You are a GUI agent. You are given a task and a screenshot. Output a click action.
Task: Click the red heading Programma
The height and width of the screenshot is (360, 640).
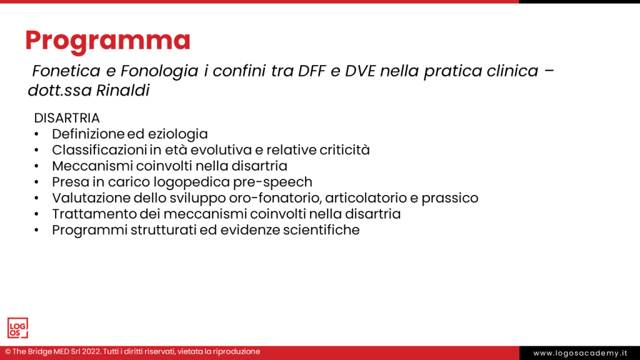coord(107,41)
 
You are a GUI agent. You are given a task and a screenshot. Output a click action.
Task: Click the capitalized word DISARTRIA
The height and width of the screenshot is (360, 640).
coord(67,118)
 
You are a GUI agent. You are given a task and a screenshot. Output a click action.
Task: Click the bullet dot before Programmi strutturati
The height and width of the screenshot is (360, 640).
coord(37,230)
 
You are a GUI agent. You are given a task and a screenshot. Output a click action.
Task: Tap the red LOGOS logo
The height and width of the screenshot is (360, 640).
coord(17,328)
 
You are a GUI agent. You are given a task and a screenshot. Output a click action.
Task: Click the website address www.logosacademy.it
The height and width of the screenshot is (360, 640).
coord(580,353)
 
